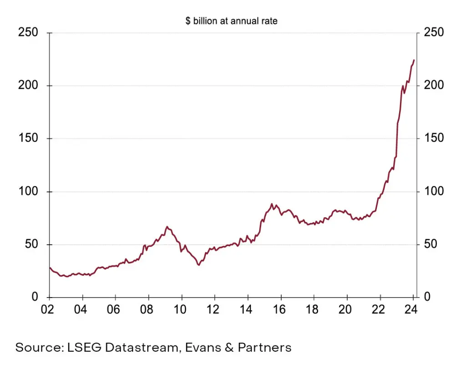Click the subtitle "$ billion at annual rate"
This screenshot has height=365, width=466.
pos(231,21)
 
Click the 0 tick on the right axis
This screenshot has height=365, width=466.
pos(426,297)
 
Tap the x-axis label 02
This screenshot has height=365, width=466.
pos(49,309)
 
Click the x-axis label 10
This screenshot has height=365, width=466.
pos(181,309)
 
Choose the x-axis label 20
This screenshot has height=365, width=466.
pos(346,309)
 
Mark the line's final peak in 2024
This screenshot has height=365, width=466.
pos(414,60)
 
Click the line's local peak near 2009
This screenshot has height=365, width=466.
pos(167,226)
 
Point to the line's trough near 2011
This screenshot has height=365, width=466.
pos(198,265)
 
